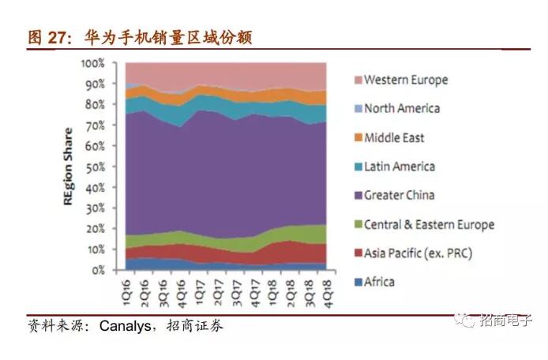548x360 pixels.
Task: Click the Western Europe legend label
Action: click(x=406, y=80)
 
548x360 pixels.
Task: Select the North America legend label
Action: click(x=402, y=108)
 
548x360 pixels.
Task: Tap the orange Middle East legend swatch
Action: click(x=354, y=137)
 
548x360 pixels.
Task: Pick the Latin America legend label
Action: click(x=400, y=167)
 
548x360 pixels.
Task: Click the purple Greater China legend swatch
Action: click(x=354, y=195)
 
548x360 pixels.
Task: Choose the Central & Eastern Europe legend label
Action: click(x=429, y=224)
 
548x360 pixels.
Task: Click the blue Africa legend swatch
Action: click(x=354, y=282)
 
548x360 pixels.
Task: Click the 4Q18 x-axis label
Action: click(x=321, y=287)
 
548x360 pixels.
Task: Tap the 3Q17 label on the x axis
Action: click(x=236, y=287)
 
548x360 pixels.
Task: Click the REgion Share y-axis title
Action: click(x=69, y=167)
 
